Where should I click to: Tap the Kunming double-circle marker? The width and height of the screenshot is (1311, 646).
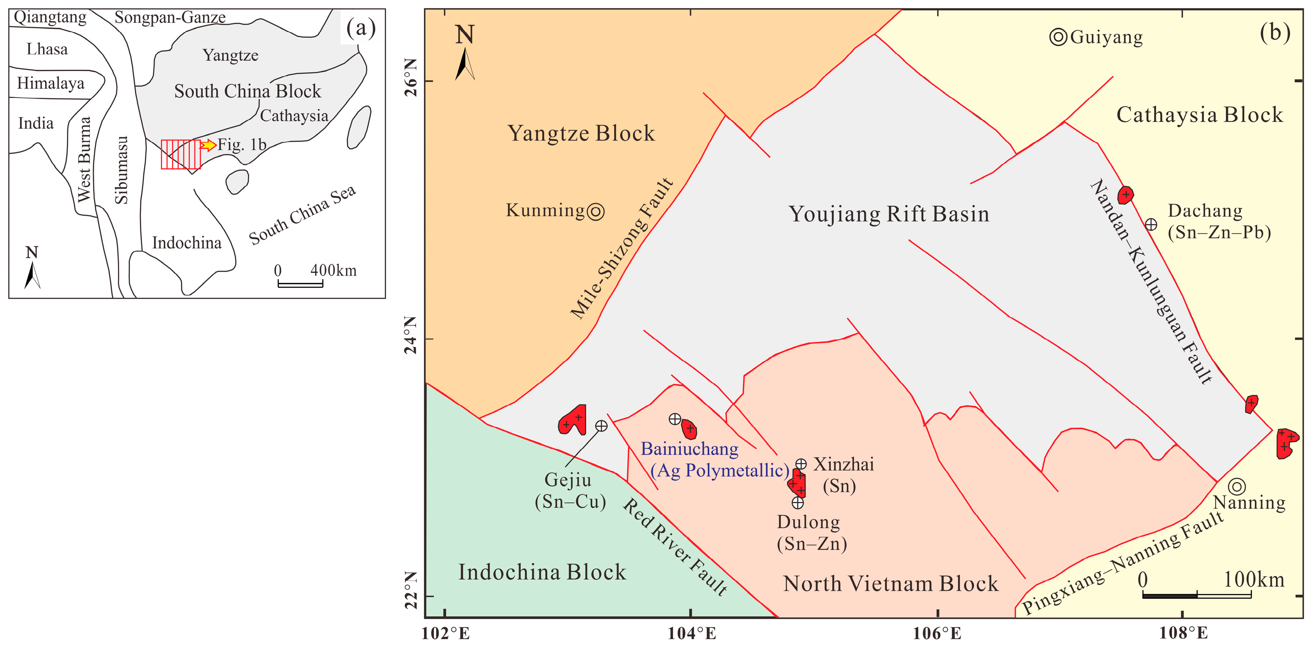point(595,211)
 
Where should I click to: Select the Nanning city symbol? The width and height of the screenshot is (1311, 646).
point(1237,486)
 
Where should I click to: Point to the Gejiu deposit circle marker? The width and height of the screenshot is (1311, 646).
point(601,426)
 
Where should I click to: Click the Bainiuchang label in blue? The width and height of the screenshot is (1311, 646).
point(689,449)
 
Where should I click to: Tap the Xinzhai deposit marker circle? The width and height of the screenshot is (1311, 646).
point(801,464)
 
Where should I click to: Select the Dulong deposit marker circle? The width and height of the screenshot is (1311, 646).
point(798,502)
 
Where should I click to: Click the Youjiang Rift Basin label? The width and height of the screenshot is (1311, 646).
point(889,214)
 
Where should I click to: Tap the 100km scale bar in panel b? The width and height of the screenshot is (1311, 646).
point(1197,595)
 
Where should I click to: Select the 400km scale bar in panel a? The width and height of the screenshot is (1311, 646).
point(300,284)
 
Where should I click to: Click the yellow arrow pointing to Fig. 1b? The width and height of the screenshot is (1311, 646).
point(208,145)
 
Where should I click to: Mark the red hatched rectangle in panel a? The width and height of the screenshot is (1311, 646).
point(181,154)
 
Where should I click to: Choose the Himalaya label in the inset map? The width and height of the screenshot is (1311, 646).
point(51,83)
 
